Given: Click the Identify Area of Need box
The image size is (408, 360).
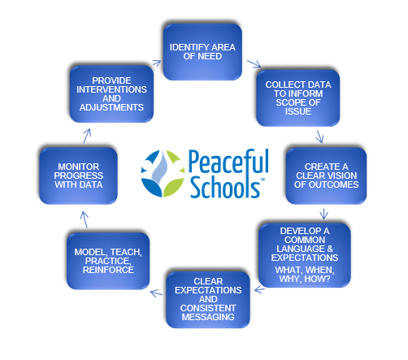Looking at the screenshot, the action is tap(202, 52).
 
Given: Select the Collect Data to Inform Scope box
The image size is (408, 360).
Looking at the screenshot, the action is tap(298, 98).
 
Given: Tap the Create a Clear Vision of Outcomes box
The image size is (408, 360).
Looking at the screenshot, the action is tap(326, 176).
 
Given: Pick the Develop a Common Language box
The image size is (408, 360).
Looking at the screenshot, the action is tap(305, 255).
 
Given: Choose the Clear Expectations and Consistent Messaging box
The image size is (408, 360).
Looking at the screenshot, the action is tap(208, 299).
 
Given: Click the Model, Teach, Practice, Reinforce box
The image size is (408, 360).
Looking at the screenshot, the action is tap(108, 261).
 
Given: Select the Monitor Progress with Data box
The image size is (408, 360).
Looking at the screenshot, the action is tap(78, 176).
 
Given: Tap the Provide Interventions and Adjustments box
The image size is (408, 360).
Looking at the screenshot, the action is tap(111, 93).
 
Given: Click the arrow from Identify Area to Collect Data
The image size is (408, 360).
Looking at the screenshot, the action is tap(254, 64).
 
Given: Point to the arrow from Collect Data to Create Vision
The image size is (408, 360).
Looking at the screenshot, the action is tap(320, 137).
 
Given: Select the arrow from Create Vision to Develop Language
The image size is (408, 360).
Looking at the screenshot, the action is tap(323, 214).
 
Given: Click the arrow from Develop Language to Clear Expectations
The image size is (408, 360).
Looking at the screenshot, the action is tap(259, 289).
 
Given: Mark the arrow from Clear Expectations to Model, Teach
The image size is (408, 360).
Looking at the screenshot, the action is tap(156, 293).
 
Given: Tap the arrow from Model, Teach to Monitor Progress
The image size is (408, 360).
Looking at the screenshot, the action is tap(85, 219).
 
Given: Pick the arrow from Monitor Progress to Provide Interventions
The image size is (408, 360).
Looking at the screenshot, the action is tap(87, 136).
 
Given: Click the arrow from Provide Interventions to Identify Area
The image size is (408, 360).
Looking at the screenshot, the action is tap(157, 63).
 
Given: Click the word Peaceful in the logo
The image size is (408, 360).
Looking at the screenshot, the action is tap(228, 163).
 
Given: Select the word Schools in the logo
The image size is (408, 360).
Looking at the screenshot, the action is tap(225, 187).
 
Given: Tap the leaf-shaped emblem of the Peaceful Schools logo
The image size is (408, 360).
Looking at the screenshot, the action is tap(163, 173).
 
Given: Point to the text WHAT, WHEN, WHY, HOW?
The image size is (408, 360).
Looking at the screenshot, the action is tap(305, 275).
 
